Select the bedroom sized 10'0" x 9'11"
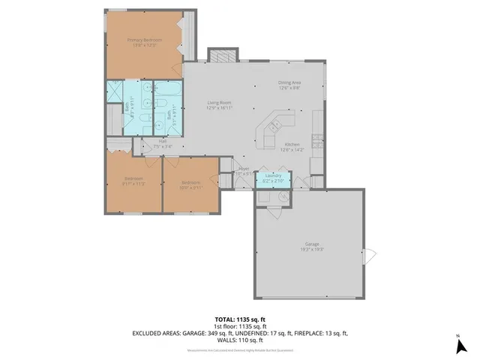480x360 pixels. [190, 184]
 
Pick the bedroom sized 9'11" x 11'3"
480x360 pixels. [134, 180]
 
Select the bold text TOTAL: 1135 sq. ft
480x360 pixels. [239, 319]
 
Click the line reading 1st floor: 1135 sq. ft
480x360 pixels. [239, 326]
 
